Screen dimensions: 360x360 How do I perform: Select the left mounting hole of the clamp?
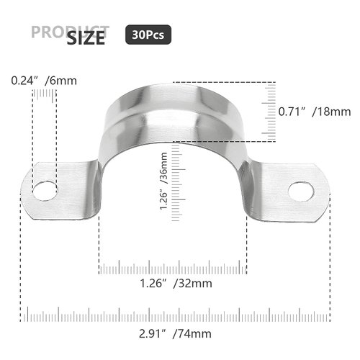(45, 190)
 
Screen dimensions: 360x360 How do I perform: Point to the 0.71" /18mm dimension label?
(314, 112)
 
